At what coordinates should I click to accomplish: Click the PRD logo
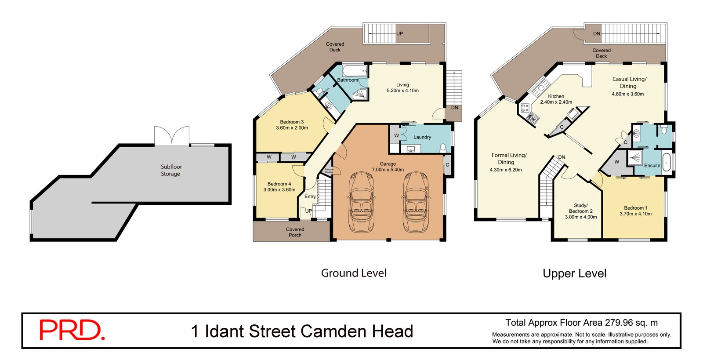72,330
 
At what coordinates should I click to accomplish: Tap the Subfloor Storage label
171,170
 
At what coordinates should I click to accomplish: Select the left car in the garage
361,202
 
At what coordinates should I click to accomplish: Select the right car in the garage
415,202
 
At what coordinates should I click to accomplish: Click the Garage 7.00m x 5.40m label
388,167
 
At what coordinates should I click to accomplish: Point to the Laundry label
422,137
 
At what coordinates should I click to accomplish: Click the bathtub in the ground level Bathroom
355,71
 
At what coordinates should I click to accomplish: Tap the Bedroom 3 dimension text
292,128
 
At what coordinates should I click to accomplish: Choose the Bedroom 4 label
279,184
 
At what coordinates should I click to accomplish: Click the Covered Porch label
295,232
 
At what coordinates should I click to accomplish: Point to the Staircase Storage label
329,171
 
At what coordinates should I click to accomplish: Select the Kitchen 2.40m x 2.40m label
556,99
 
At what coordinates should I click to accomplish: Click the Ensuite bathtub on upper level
667,162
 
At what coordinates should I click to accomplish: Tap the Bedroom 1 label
635,211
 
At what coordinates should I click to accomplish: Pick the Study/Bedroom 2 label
580,211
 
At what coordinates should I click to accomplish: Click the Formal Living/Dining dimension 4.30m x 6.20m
506,170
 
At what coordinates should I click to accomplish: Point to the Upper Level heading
574,273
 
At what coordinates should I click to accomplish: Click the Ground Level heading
354,273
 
